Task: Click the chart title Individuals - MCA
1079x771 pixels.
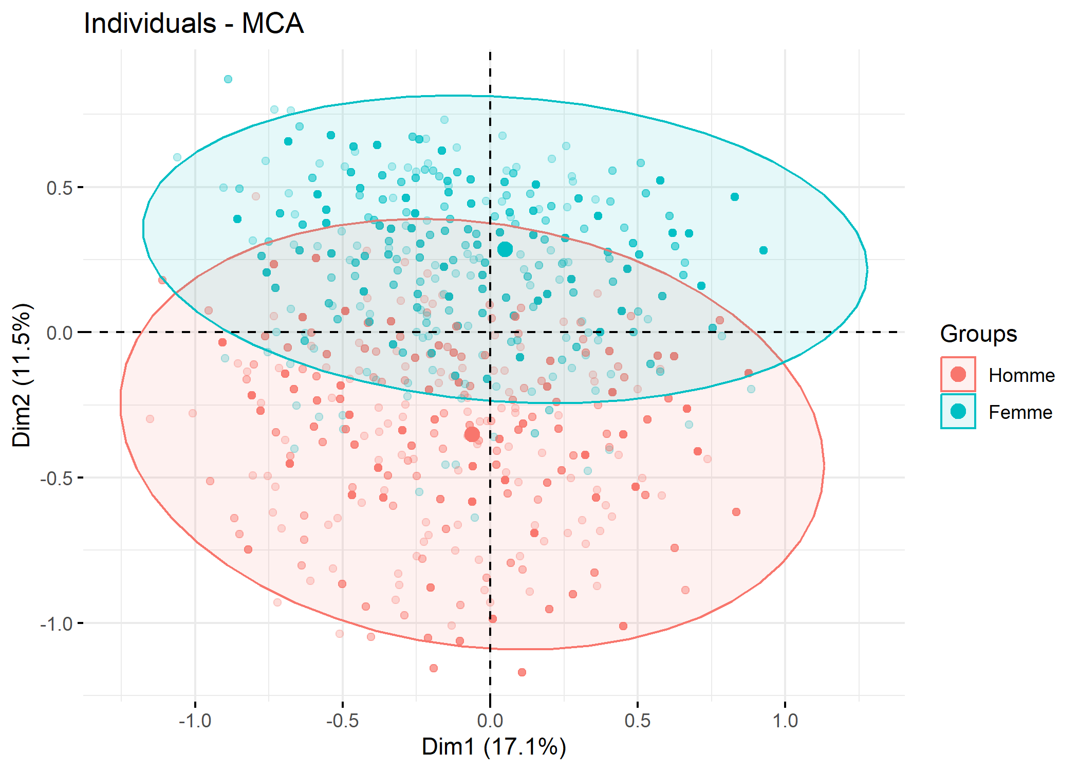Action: [194, 24]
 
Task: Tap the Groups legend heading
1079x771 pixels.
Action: [978, 334]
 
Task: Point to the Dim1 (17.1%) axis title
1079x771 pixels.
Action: [494, 747]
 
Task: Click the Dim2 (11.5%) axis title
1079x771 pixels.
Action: [23, 375]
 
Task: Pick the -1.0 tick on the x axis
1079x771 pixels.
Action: [195, 721]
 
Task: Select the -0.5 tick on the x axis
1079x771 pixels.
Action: [343, 721]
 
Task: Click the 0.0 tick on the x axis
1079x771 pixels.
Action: [490, 721]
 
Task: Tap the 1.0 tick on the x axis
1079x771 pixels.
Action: [785, 721]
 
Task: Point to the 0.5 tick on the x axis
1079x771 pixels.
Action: [638, 721]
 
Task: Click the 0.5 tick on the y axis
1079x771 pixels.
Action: [60, 188]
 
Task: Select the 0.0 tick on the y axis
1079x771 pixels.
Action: [60, 333]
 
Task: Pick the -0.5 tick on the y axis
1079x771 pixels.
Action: [57, 478]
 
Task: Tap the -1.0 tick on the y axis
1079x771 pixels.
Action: [57, 623]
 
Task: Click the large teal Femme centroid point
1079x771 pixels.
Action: [505, 249]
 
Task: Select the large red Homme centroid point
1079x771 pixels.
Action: [472, 435]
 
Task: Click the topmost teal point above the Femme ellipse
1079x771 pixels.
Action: [228, 79]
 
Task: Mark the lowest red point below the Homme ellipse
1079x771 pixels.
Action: [522, 672]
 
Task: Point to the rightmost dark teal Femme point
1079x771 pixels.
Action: [764, 250]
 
